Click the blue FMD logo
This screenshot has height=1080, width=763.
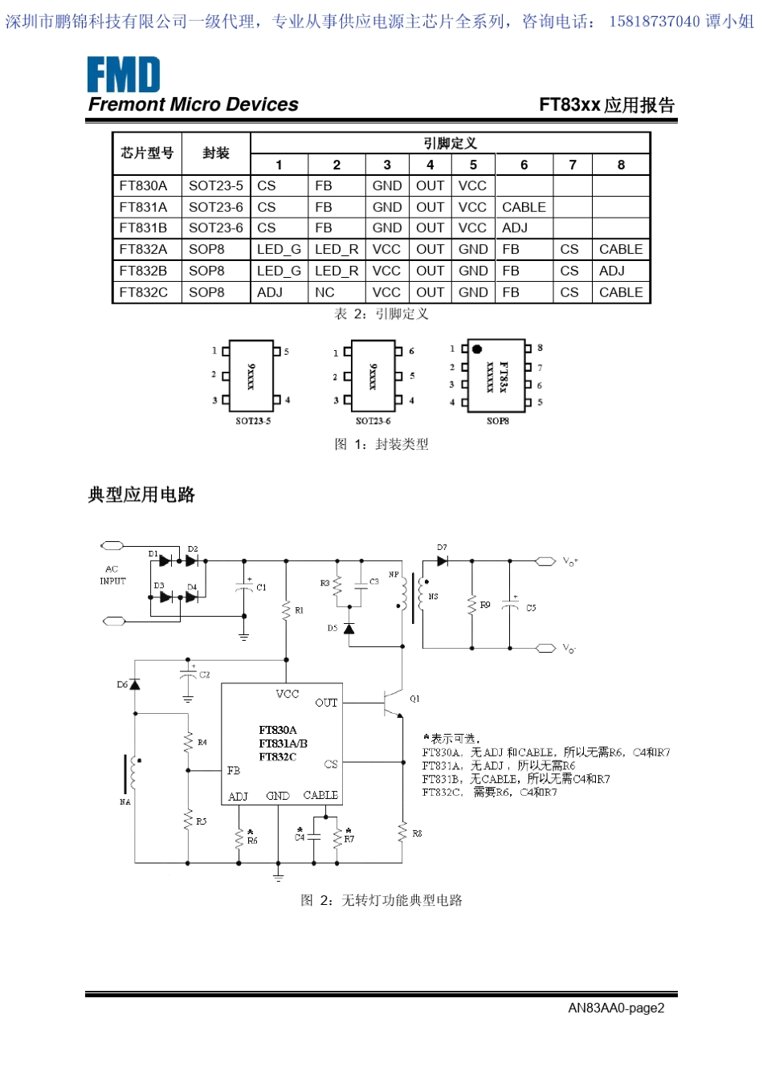(124, 75)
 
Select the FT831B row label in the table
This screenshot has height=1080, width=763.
(143, 228)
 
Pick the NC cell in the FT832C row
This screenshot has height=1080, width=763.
(324, 292)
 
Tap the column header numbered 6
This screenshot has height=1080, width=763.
(524, 165)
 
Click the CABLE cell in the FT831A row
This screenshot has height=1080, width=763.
(524, 207)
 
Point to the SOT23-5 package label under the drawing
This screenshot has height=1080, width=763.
(253, 421)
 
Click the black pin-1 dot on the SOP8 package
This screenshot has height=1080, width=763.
(477, 349)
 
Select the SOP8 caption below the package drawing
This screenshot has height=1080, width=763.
(497, 421)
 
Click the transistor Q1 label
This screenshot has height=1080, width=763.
(414, 699)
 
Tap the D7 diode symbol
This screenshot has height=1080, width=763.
(442, 560)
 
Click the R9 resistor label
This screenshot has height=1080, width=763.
(485, 605)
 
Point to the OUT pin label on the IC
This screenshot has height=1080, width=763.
(326, 703)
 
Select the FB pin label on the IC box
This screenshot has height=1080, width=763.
(234, 771)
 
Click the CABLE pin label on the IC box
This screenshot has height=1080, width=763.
(320, 795)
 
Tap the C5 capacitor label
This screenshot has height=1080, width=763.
(531, 608)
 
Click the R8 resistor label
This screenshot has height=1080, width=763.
(417, 833)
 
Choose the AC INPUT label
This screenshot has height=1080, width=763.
(112, 575)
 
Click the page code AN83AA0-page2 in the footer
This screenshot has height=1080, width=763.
(616, 1008)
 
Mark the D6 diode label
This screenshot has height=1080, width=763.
(122, 685)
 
